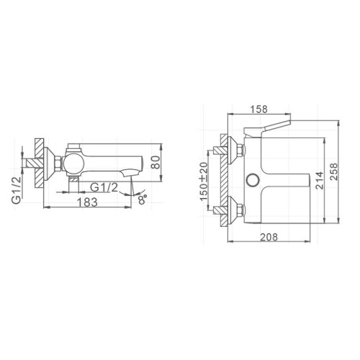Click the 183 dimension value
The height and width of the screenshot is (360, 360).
87,202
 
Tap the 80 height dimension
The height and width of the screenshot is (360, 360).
156,162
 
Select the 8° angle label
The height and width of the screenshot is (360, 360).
143,199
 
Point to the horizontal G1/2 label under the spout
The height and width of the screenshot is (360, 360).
104,187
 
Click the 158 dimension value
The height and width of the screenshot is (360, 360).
258,109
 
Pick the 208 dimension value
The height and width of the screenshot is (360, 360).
269,237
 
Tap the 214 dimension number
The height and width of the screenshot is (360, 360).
320,181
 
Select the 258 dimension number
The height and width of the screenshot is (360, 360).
333,171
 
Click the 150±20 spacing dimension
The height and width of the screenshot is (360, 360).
204,181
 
